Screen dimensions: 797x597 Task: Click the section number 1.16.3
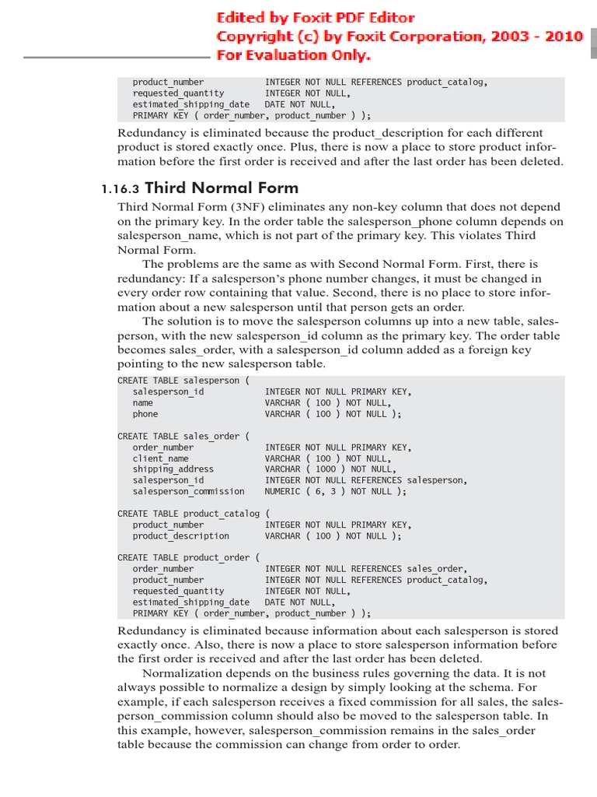pos(120,188)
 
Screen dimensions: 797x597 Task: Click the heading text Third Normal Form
pos(222,188)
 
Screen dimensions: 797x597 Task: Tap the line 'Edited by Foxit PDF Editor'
pos(315,17)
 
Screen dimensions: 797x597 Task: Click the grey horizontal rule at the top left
pos(117,57)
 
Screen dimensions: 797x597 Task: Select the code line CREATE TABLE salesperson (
pos(183,381)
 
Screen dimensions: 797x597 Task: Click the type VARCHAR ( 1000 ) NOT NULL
pos(330,469)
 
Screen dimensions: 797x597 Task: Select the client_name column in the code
pos(160,458)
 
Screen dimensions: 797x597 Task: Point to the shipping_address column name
pos(173,469)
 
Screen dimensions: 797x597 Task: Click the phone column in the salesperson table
pos(145,414)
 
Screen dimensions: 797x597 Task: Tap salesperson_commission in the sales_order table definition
pos(188,491)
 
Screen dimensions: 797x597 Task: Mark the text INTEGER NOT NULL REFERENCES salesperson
pos(366,480)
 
